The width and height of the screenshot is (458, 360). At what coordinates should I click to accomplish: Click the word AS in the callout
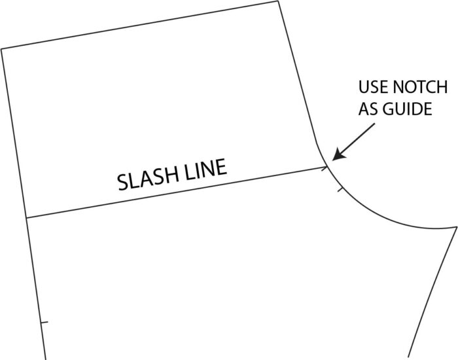coord(366,109)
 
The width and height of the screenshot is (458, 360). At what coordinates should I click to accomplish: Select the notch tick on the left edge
coord(44,323)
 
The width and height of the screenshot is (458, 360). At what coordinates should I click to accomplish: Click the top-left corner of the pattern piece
coord(2,49)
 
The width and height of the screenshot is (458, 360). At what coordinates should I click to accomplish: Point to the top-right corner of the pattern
coord(280,2)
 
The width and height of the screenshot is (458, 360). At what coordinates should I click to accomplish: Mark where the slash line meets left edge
coord(26,218)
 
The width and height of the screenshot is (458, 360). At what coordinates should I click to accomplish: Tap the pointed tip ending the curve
coord(455,227)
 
